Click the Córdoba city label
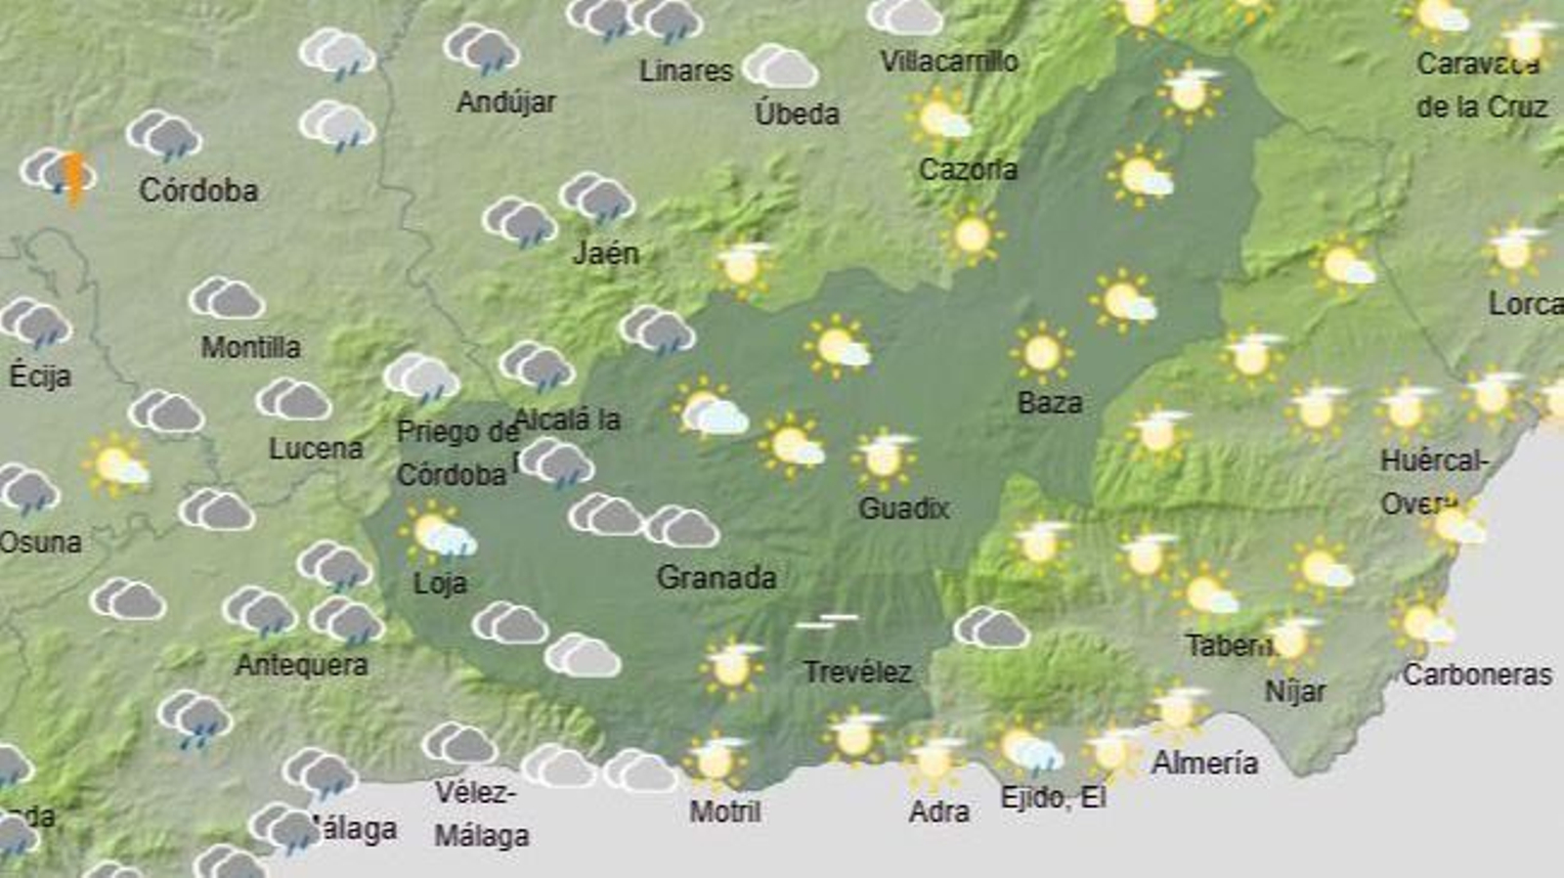(x=198, y=190)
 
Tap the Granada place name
(x=717, y=578)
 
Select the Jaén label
(x=606, y=253)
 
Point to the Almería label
(x=1204, y=763)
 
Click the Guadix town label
(x=903, y=507)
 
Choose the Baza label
(x=1050, y=403)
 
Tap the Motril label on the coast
(x=724, y=811)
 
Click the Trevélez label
(x=857, y=672)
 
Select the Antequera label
(x=302, y=665)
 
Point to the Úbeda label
(x=797, y=113)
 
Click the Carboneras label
(x=1477, y=674)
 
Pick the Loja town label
(x=440, y=584)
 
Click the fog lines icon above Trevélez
(x=827, y=621)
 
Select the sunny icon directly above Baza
(x=1041, y=352)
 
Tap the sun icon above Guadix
(x=884, y=456)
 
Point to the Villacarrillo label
(x=949, y=62)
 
